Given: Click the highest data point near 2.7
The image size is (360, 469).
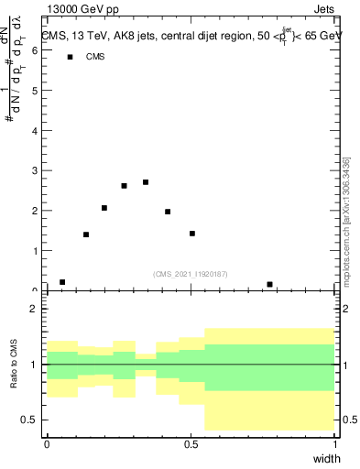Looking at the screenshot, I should [146, 182].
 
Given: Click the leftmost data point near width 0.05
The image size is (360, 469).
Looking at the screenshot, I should [62, 282].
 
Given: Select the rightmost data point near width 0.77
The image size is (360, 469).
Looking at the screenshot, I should [269, 284].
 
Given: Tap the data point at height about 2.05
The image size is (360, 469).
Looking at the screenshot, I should [104, 208].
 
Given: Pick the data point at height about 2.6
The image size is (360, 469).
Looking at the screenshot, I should [125, 186].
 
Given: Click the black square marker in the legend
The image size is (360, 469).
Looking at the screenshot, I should [70, 57].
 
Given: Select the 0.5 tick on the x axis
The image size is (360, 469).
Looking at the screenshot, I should [191, 443].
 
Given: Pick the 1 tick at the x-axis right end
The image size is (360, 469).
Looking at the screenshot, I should [334, 443].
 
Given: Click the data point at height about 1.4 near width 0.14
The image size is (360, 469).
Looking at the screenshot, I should [86, 234].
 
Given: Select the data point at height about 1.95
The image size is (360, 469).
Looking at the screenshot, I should [168, 212].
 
